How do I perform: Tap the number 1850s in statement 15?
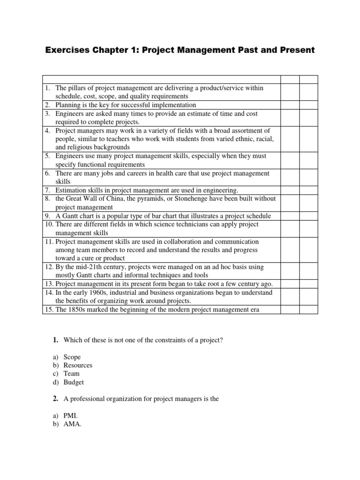[79, 309]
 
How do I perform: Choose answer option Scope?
[72, 357]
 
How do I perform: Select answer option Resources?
[78, 365]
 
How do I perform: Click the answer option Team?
[72, 374]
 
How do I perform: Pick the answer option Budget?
[74, 382]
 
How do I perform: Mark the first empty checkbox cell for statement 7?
[290, 190]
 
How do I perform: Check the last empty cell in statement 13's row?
[308, 284]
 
